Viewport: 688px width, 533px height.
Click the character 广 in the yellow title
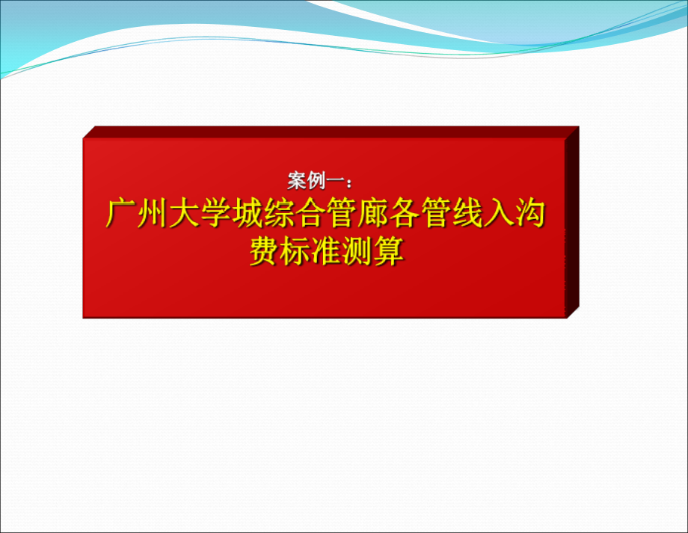pyautogui.click(x=121, y=215)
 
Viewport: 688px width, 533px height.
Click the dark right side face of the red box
pyautogui.click(x=572, y=224)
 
